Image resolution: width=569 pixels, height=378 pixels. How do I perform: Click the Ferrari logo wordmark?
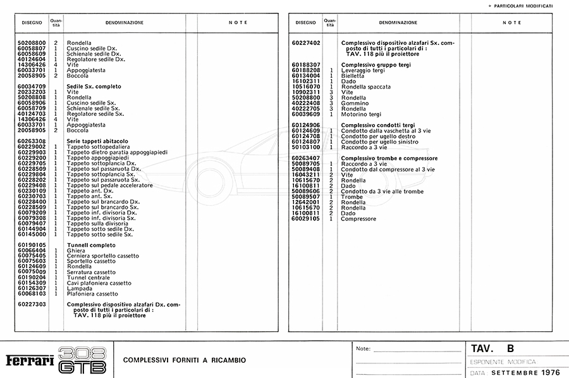pyautogui.click(x=30, y=360)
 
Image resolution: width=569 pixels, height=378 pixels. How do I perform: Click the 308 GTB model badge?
pyautogui.click(x=81, y=360)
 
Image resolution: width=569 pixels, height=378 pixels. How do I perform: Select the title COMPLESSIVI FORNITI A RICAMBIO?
pyautogui.click(x=185, y=360)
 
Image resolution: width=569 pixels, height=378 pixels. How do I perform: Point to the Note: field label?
pyautogui.click(x=363, y=349)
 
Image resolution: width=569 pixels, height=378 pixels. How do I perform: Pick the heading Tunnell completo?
pyautogui.click(x=91, y=244)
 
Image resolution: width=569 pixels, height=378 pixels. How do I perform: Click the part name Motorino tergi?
pyautogui.click(x=360, y=114)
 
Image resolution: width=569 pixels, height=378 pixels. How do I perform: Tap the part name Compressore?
pyautogui.click(x=358, y=218)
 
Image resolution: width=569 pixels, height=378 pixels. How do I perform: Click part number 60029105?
pyautogui.click(x=306, y=218)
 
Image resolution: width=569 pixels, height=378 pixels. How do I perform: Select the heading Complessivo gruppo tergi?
pyautogui.click(x=376, y=65)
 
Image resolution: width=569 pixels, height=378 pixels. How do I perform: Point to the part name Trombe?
pyautogui.click(x=352, y=197)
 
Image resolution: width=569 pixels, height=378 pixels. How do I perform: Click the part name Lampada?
pyautogui.click(x=79, y=288)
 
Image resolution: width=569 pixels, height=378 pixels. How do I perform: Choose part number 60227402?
pyautogui.click(x=306, y=43)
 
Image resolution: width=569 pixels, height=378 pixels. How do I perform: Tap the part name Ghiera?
pyautogui.click(x=76, y=250)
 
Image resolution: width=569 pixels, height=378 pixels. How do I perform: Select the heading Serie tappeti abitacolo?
pyautogui.click(x=97, y=141)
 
